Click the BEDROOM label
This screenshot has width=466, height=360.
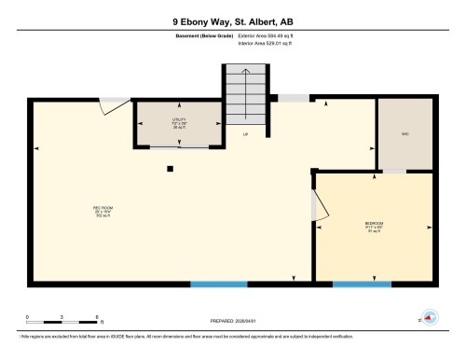pyautogui.click(x=373, y=227)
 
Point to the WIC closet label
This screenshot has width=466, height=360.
pyautogui.click(x=404, y=133)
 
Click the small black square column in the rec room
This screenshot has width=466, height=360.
pyautogui.click(x=170, y=169)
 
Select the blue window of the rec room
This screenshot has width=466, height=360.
pyautogui.click(x=220, y=284)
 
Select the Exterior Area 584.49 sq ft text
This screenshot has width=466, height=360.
pyautogui.click(x=271, y=35)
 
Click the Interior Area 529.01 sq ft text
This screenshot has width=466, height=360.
pyautogui.click(x=271, y=42)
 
